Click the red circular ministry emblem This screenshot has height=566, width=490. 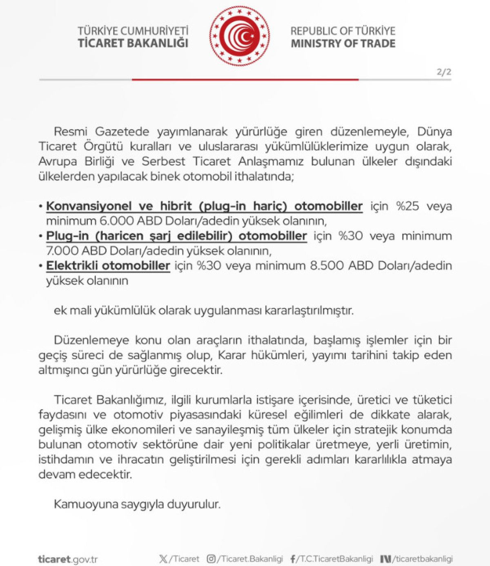[240, 36]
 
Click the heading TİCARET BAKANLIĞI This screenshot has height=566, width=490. [133, 43]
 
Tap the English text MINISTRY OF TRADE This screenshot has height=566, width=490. [343, 44]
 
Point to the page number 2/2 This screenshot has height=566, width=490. [444, 72]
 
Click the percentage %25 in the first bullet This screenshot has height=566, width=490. [408, 206]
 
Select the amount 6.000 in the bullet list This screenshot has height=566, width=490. [116, 221]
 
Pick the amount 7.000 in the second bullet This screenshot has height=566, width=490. [62, 251]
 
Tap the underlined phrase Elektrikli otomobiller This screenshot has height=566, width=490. [108, 266]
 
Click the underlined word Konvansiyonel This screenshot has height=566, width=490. [89, 206]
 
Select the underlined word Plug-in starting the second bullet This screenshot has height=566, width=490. [67, 236]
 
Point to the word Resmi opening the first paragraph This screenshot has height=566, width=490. [71, 132]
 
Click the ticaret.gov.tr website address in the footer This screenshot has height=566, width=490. [68, 559]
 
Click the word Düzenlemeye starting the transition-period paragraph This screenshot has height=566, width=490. [91, 340]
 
